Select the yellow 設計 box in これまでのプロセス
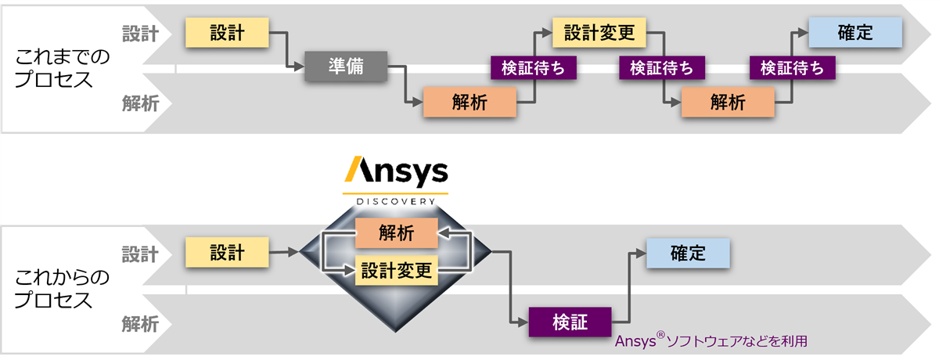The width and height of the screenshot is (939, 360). [x=227, y=33]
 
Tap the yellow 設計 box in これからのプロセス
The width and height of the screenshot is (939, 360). [x=227, y=253]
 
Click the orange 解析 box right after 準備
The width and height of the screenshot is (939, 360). [x=469, y=103]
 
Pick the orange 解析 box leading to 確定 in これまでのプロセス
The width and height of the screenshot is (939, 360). [x=728, y=103]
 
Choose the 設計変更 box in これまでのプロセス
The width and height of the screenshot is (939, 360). [x=599, y=33]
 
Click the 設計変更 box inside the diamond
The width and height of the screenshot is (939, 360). [x=396, y=272]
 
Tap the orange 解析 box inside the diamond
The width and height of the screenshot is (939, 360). [x=396, y=232]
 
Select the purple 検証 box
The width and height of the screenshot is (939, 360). [x=569, y=322]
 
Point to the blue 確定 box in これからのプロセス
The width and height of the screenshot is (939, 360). [x=688, y=253]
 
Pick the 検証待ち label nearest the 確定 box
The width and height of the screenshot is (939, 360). [x=792, y=68]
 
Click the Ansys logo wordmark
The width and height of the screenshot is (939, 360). [x=396, y=171]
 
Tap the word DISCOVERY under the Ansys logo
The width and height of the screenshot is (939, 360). [x=396, y=200]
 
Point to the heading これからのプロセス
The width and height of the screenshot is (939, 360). [x=64, y=289]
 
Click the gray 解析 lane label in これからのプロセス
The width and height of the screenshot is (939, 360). [x=140, y=322]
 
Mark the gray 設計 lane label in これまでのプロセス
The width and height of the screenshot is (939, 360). [x=140, y=34]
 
